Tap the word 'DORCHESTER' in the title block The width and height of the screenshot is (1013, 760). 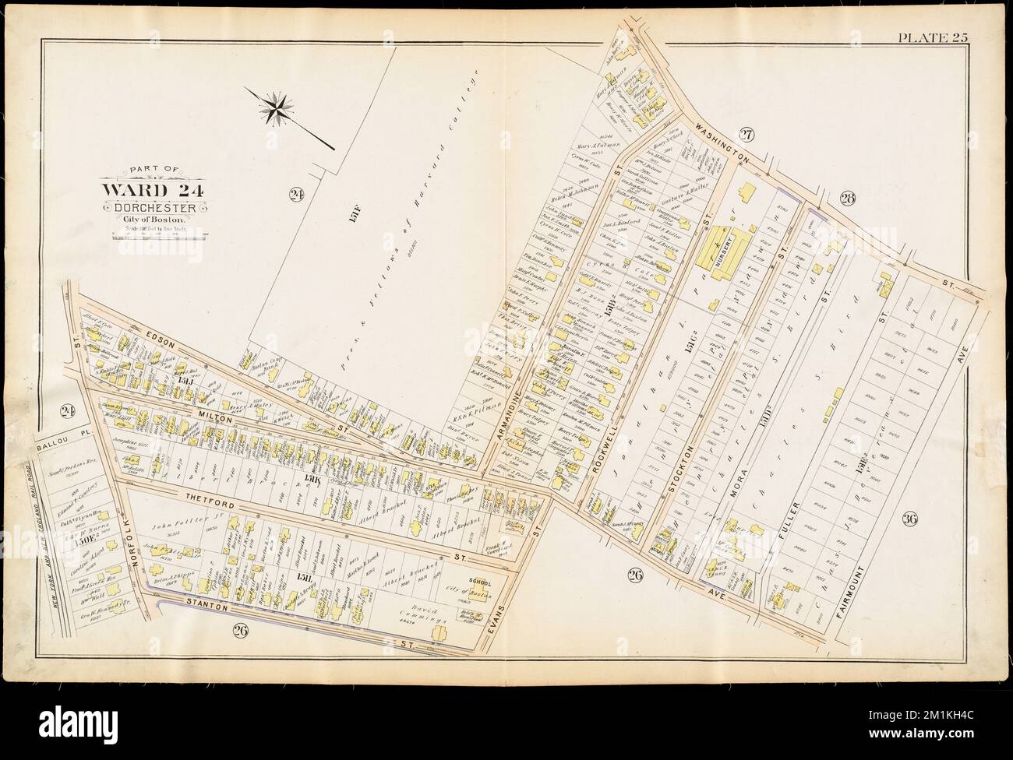[x=154, y=208]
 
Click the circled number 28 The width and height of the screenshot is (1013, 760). [x=849, y=199]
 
